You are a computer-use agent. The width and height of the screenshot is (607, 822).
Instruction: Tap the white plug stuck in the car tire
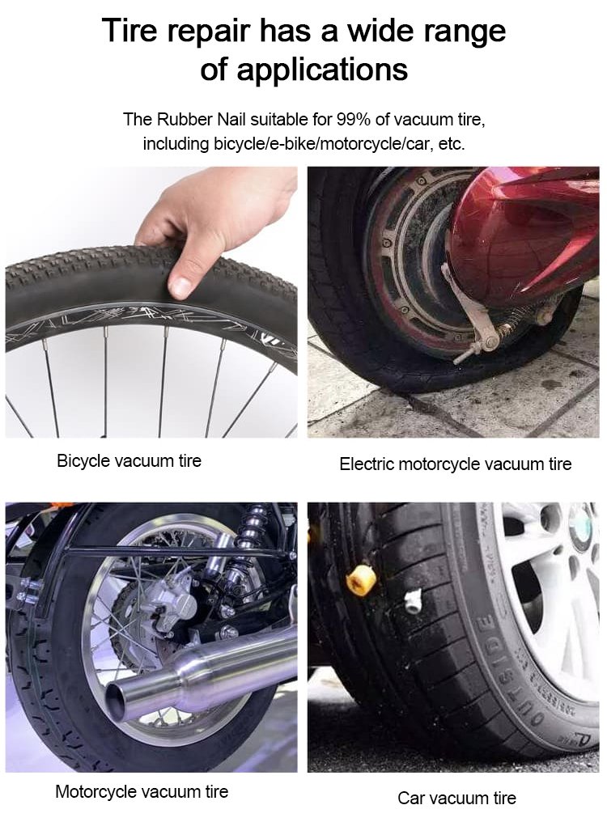click(413, 599)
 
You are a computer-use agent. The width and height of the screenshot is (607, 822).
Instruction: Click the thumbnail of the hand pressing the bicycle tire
click(151, 302)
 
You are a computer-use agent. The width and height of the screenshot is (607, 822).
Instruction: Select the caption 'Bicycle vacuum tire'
click(129, 461)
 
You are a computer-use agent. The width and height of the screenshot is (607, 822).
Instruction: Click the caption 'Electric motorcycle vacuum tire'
click(456, 464)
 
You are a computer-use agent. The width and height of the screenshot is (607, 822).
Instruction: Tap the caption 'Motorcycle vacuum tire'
click(142, 791)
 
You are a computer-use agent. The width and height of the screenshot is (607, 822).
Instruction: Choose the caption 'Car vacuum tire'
click(456, 798)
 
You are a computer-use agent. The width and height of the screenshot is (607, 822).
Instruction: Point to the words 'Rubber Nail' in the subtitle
click(201, 120)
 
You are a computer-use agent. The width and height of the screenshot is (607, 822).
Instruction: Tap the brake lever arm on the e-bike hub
click(469, 311)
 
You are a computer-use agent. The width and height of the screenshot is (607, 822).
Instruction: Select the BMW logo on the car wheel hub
click(583, 529)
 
